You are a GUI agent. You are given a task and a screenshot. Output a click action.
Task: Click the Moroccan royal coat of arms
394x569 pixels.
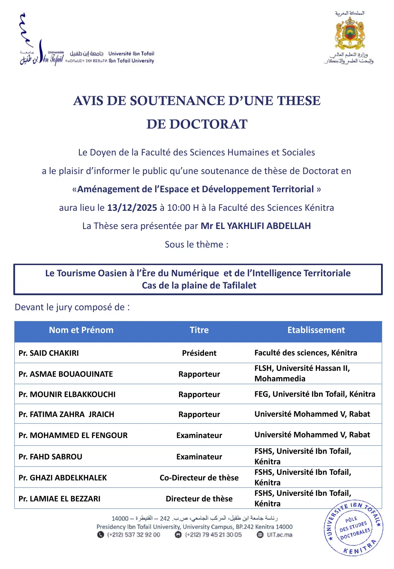350,33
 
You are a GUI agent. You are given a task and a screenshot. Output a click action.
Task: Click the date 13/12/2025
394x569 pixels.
132,208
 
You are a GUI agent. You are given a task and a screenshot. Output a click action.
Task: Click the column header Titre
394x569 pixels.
199,330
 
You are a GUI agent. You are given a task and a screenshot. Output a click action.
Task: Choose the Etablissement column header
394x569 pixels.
316,330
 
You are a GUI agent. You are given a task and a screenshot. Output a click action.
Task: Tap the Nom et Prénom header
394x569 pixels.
81,330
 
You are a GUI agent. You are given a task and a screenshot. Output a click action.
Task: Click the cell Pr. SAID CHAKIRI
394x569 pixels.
49,353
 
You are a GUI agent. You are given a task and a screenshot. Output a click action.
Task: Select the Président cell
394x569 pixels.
199,353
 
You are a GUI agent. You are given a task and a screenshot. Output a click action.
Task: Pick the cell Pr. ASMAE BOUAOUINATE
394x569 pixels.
66,374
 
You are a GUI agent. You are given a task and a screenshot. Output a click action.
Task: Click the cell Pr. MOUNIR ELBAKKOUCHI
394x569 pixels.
67,394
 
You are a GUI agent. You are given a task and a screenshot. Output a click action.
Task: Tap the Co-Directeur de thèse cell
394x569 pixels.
199,478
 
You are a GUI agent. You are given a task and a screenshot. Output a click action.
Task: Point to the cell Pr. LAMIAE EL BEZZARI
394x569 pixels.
60,499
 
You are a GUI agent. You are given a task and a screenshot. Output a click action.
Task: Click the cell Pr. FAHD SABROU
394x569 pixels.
50,457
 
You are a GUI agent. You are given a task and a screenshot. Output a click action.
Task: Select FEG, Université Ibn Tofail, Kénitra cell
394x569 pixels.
314,394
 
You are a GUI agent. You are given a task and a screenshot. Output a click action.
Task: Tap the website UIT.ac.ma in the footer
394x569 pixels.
279,535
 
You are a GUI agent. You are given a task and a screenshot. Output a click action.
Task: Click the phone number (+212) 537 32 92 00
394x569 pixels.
133,535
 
